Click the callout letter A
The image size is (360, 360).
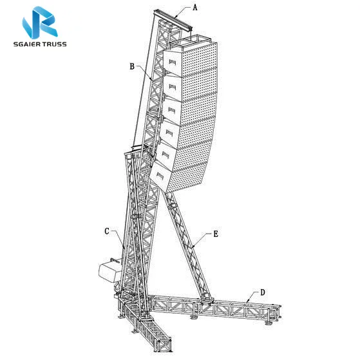(x=195, y=8)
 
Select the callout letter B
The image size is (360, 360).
(x=132, y=66)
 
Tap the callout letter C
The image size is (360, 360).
(x=107, y=231)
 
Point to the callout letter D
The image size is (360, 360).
(x=263, y=292)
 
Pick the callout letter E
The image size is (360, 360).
(x=216, y=234)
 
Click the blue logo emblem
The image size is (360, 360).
(x=40, y=23)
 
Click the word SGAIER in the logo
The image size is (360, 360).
(x=26, y=44)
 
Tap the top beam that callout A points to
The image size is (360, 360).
(x=173, y=20)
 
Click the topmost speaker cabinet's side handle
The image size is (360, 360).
(x=173, y=62)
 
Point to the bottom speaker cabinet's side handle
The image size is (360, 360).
(x=160, y=176)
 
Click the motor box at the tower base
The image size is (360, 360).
(x=109, y=272)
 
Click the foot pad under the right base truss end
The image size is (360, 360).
(x=268, y=323)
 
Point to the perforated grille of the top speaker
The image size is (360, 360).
(x=200, y=59)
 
